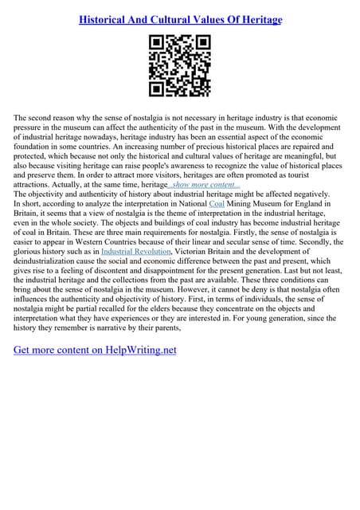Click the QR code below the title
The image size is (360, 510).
(x=180, y=66)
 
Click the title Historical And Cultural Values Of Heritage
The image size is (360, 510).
(x=180, y=19)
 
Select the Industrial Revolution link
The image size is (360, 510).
(x=134, y=250)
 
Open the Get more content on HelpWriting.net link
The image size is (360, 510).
(x=95, y=349)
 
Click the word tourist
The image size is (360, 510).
(x=325, y=174)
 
